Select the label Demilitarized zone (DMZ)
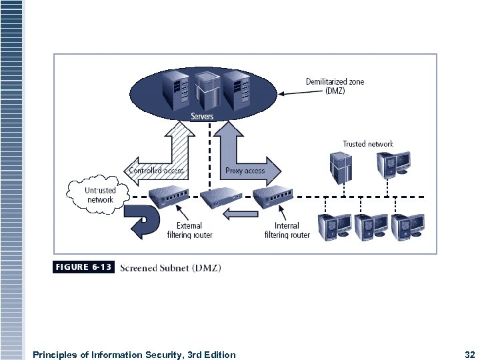335,87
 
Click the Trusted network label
368,144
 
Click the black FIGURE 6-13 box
83,267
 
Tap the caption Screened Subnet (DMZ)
171,268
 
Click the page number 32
468,355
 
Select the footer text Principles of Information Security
133,355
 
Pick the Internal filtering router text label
287,231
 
